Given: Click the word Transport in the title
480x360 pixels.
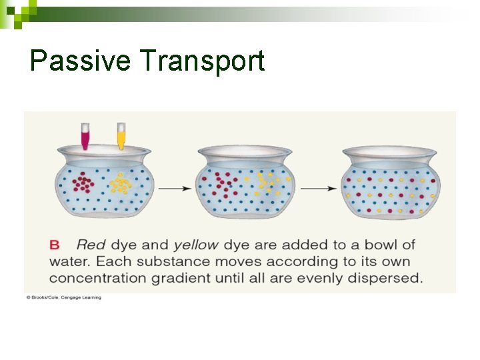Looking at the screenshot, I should (203, 61).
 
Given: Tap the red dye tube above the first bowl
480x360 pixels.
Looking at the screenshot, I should (85, 136).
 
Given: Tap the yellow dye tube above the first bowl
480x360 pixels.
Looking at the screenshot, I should (121, 136).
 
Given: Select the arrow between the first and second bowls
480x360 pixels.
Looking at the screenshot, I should (175, 189).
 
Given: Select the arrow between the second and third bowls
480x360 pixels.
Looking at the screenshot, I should (318, 189).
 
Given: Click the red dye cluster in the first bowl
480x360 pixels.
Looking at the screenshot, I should (83, 183).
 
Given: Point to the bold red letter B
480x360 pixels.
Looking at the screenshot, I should (55, 245).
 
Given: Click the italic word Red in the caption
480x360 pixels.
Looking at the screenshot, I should (90, 245).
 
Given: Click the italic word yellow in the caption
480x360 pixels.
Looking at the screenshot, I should (195, 245).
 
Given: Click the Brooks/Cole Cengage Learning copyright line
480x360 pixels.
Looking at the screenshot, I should (64, 297).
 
